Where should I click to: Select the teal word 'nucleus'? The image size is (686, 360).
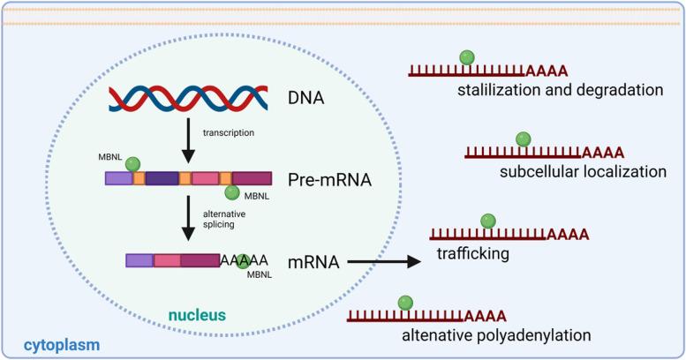[198, 313]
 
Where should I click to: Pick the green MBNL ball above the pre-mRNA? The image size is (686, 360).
[132, 163]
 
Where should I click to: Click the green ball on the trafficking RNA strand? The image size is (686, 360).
[487, 221]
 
